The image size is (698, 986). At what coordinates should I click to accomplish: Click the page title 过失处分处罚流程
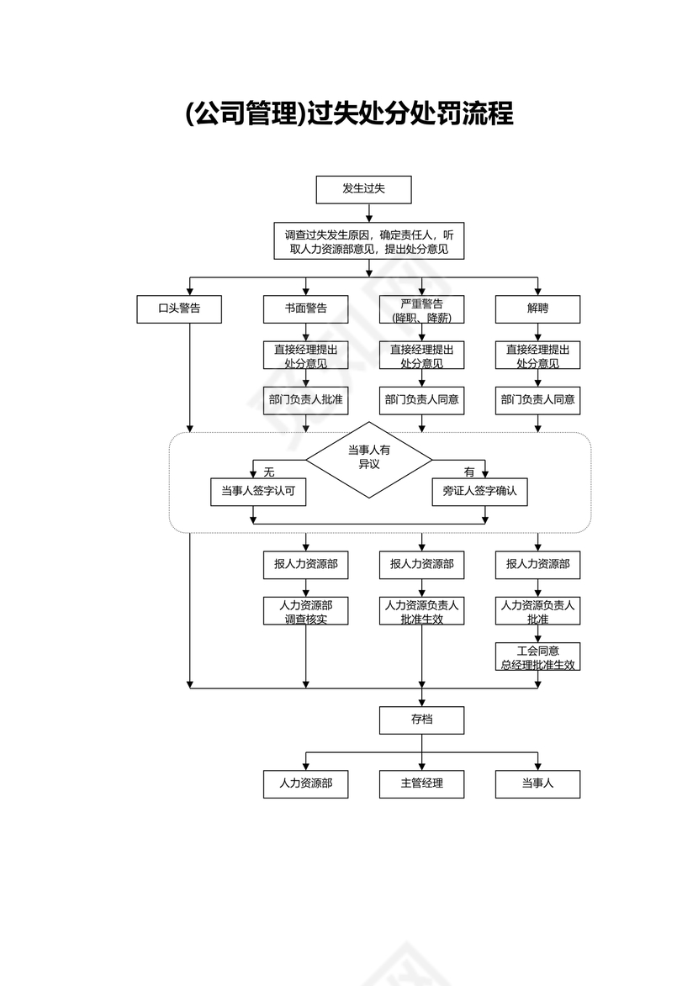[349, 113]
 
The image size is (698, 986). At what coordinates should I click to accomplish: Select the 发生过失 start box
[363, 189]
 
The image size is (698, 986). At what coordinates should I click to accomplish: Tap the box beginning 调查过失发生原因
[368, 241]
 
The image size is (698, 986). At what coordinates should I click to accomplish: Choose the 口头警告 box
[179, 308]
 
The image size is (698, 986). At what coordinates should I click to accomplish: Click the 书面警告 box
[305, 308]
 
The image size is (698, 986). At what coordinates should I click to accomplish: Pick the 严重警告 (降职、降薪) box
[421, 309]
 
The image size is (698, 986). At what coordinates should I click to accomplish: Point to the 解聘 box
[537, 308]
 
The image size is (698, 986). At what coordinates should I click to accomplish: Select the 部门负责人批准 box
[305, 400]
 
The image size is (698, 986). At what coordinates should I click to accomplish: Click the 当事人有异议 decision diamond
[368, 459]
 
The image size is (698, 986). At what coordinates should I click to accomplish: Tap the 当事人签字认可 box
[258, 492]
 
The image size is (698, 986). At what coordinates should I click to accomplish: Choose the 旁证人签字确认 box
[480, 492]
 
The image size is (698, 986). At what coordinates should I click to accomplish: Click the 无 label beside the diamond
[269, 472]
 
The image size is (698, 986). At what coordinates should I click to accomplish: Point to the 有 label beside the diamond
[469, 472]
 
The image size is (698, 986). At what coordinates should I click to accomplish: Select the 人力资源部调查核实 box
[305, 611]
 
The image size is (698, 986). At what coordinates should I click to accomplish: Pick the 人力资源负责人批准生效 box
[421, 611]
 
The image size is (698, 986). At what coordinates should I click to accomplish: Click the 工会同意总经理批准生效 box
[537, 656]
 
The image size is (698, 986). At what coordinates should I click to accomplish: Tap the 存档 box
[421, 720]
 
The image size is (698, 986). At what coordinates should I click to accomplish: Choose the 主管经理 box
[421, 783]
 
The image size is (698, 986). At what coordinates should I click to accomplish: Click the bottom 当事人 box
[537, 783]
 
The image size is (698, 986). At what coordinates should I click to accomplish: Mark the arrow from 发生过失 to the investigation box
[368, 213]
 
